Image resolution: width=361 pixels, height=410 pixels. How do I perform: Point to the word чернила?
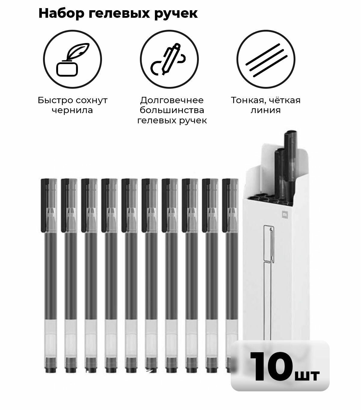(72, 110)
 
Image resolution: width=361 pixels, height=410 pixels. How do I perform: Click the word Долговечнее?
(172, 100)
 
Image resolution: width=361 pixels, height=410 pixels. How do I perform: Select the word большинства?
(172, 110)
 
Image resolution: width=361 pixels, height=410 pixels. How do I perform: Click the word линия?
(265, 110)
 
